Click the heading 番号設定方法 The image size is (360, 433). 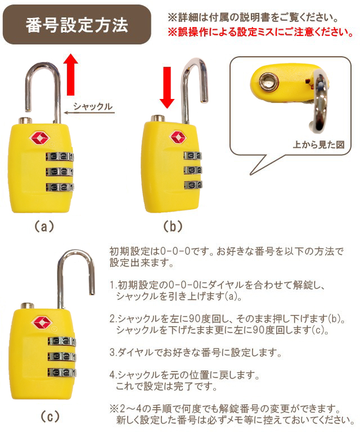(77, 25)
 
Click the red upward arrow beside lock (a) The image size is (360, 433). (71, 74)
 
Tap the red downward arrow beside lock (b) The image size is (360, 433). (167, 88)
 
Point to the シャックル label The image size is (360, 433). (93, 106)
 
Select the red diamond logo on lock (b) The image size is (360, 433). (178, 137)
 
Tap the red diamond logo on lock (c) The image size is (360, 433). (42, 322)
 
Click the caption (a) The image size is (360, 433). (44, 227)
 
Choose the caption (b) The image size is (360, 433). (173, 227)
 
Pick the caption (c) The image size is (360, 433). (50, 417)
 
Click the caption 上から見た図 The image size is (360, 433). (318, 145)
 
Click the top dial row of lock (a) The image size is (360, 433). (60, 156)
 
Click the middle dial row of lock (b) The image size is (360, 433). (193, 170)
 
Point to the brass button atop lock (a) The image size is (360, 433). (25, 120)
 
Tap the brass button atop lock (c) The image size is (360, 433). (28, 306)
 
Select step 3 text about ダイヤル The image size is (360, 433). (195, 353)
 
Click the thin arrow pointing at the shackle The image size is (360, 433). (89, 112)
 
